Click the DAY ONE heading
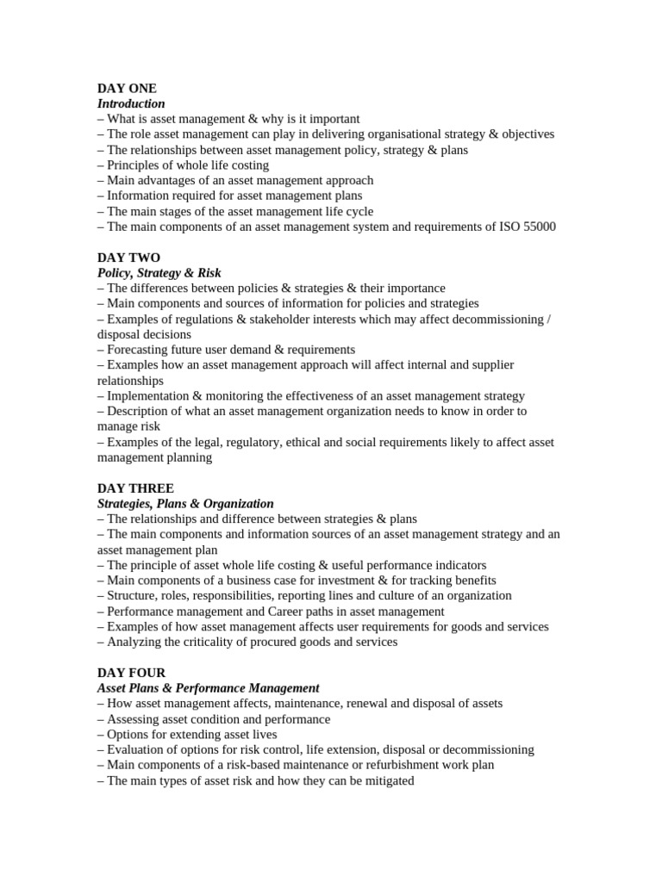(127, 88)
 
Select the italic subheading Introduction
(131, 103)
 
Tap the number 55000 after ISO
(537, 227)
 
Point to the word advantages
(171, 180)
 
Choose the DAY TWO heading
(128, 258)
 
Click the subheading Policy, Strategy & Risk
(159, 273)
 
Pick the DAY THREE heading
(135, 488)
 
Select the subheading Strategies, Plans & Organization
(185, 504)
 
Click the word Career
(291, 611)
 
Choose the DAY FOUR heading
(131, 673)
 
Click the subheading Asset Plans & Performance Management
(208, 688)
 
